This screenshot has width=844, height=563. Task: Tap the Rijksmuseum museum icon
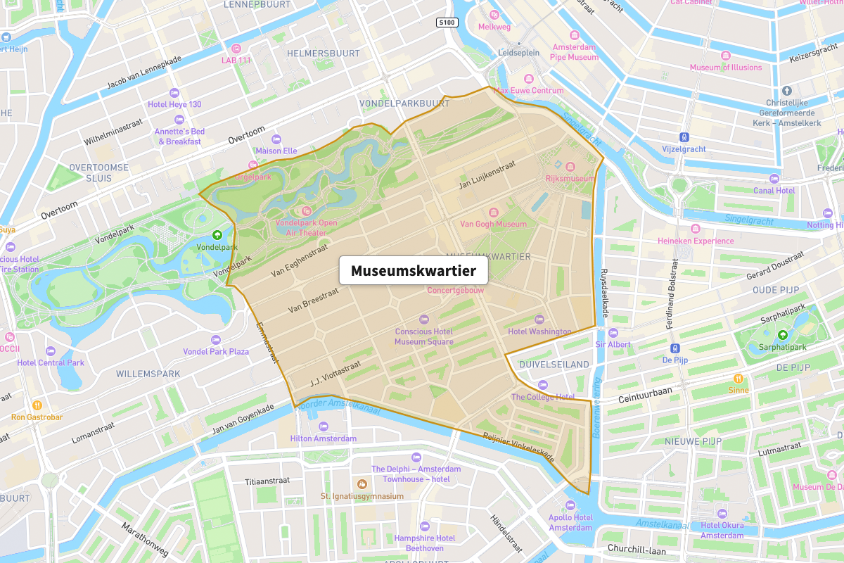click(570, 167)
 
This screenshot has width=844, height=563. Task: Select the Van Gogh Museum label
click(493, 224)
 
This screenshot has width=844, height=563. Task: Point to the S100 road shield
click(447, 23)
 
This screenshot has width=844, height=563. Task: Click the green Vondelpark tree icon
click(217, 236)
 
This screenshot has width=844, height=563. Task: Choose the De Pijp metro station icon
click(674, 348)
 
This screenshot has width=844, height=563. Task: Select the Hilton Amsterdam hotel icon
click(324, 426)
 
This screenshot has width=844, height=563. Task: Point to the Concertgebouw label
click(456, 289)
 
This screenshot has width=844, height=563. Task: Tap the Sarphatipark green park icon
click(783, 335)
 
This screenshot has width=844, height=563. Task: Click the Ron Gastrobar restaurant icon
click(37, 405)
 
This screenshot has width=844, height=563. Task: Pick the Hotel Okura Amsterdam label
click(722, 530)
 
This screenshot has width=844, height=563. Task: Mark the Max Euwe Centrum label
click(528, 90)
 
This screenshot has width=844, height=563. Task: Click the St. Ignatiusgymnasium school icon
click(362, 484)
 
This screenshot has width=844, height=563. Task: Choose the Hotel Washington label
click(539, 331)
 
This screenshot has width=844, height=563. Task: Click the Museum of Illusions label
click(725, 68)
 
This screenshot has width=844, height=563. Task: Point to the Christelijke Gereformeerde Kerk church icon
click(786, 91)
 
